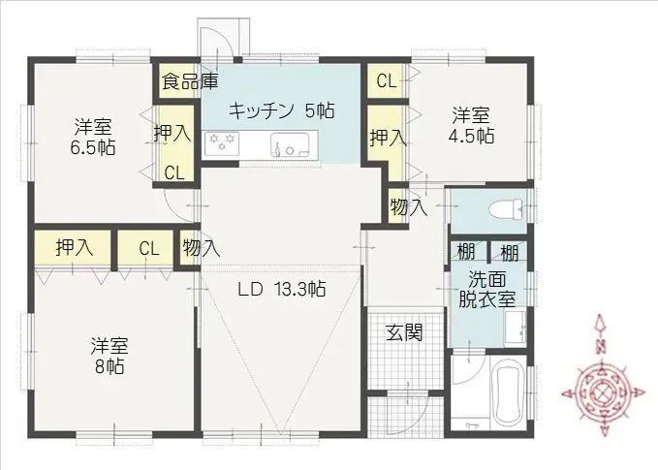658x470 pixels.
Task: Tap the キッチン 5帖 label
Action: point(281,110)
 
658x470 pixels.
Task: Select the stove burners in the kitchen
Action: point(221,146)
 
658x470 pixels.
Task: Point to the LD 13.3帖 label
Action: point(282,289)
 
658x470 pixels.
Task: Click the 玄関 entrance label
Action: point(404,332)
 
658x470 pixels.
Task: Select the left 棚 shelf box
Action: point(466,254)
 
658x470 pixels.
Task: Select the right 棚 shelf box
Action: point(509,254)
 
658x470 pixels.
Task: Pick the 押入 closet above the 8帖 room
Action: point(74,248)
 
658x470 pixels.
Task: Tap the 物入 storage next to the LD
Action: point(201,248)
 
